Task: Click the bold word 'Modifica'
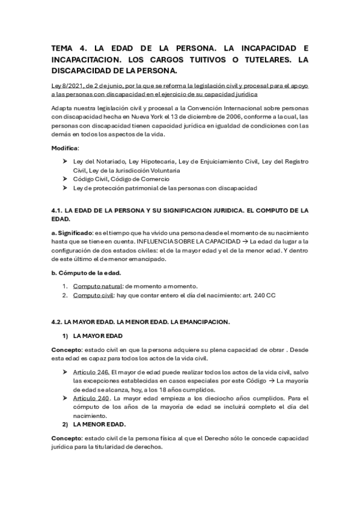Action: pyautogui.click(x=64, y=147)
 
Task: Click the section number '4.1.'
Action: pyautogui.click(x=57, y=210)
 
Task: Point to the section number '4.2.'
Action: pyautogui.click(x=57, y=322)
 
